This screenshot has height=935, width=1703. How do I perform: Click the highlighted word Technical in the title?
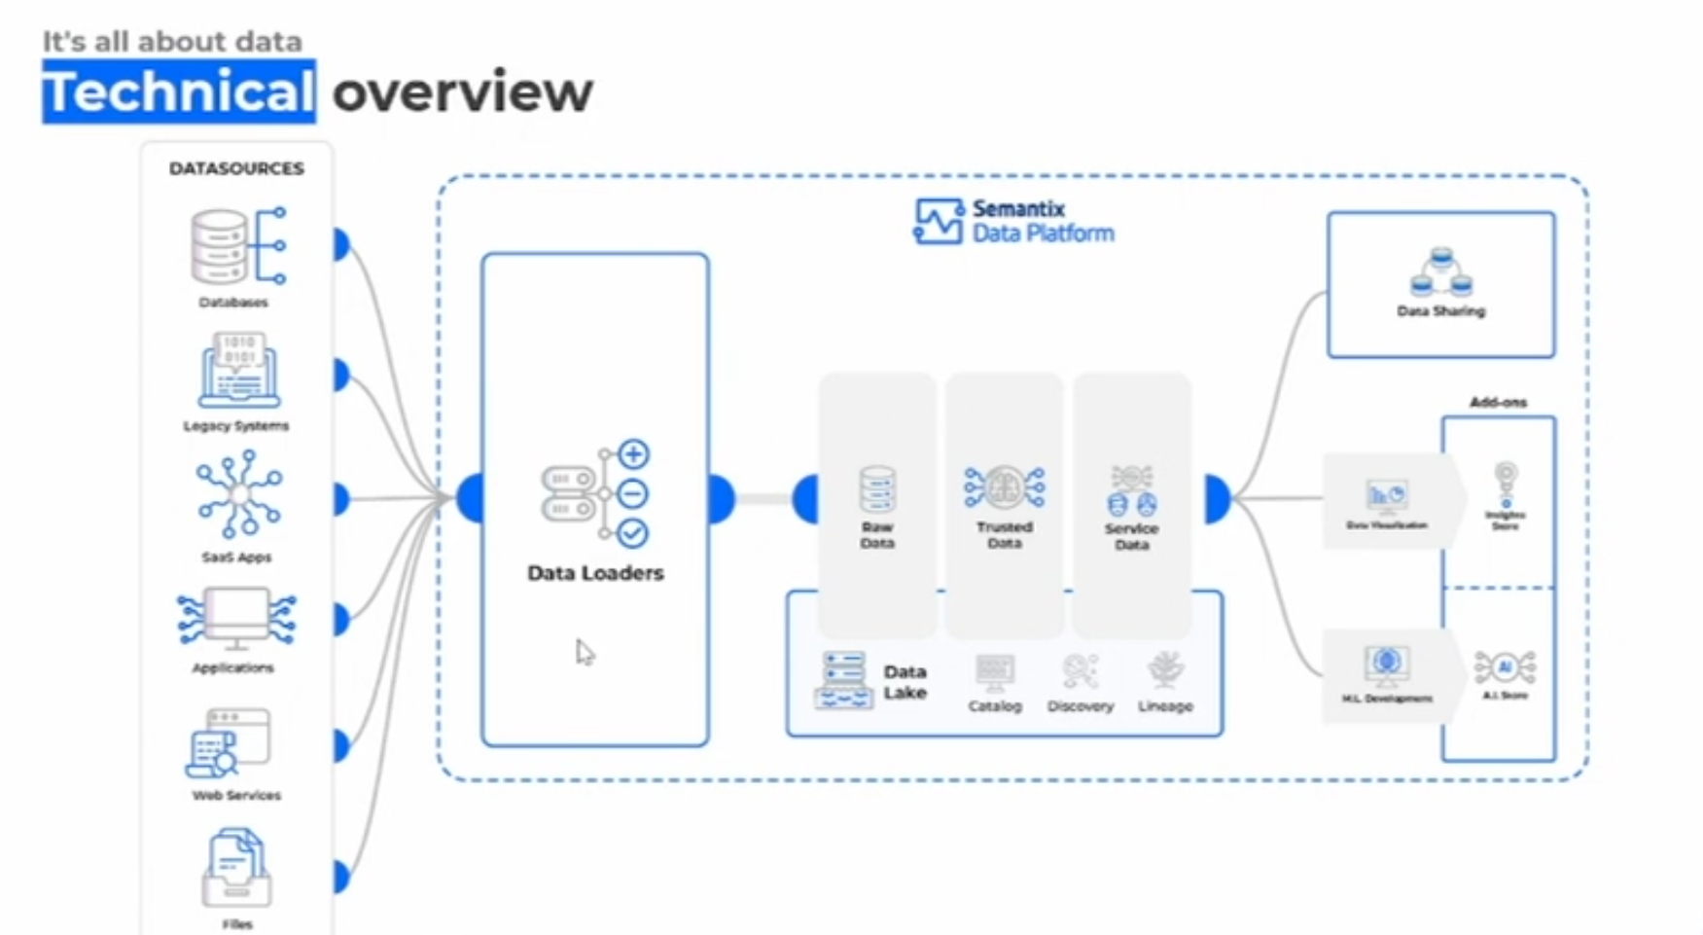178,91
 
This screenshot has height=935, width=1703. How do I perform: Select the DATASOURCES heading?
236,168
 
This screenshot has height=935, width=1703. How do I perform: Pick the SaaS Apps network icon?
239,493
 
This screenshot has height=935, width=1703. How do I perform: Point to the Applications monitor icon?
236,619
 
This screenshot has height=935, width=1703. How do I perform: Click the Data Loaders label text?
595,573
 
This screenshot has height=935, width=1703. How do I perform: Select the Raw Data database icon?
877,489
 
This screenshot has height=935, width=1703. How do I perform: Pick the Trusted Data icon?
1005,486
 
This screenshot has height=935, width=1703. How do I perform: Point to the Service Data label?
1131,536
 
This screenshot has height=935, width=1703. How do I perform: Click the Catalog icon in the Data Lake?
994,671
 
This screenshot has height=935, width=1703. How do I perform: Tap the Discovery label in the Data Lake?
1081,706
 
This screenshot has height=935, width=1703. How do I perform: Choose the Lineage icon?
1165,670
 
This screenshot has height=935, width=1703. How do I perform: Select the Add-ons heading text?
1498,402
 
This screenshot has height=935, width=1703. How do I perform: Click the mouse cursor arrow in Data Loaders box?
584,651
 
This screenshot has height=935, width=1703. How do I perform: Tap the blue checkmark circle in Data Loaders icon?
633,533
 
